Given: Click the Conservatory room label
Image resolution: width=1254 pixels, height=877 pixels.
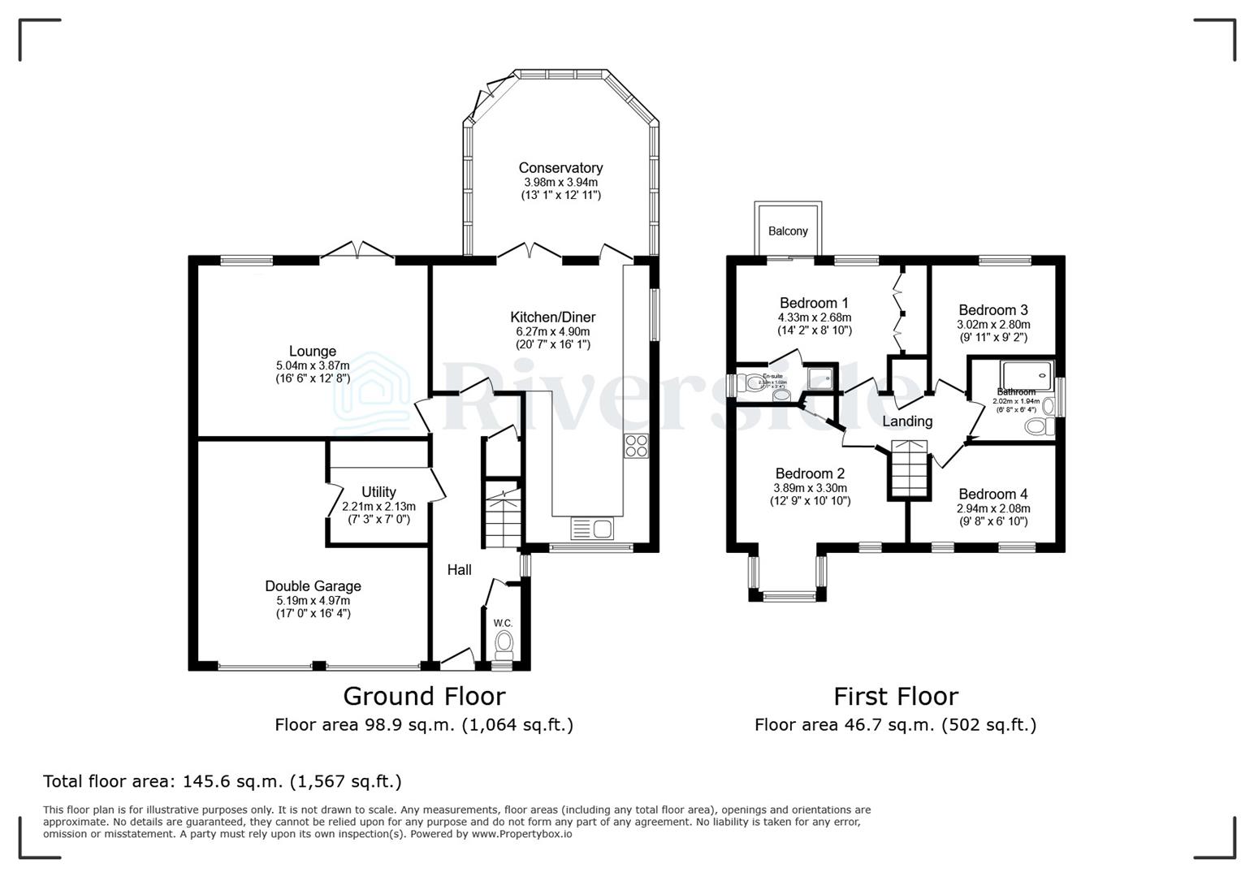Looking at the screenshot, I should coord(560,168).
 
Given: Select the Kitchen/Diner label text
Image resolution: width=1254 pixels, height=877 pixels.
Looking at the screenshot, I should coord(552,318).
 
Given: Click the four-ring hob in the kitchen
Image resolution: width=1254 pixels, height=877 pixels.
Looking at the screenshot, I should coord(635,446).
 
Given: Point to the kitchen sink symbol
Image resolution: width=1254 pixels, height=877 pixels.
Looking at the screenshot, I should coord(593,529).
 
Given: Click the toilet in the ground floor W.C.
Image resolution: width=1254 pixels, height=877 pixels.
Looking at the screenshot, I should coord(504,645).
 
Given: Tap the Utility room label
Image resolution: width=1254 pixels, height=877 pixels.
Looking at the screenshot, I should coord(378,492).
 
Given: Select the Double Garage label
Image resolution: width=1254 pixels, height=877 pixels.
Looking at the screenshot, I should coord(313,586).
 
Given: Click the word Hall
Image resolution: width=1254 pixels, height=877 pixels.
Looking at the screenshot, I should coord(460,570).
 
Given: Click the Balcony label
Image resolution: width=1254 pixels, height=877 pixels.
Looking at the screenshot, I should coord(788,231).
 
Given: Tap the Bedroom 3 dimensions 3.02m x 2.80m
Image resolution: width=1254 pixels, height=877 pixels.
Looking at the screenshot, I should coord(992,324).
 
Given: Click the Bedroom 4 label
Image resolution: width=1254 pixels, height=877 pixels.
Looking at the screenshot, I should coord(992,495).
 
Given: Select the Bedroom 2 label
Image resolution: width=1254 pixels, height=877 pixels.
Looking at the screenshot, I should coord(810,473).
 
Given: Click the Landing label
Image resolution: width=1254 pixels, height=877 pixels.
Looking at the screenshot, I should coord(907,421).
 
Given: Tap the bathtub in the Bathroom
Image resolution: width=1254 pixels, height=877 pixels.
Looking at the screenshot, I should coord(1027,375).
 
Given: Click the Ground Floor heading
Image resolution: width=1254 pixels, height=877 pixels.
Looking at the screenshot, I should coord(424,697).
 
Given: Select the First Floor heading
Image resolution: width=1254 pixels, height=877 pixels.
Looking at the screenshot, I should coord(896,697).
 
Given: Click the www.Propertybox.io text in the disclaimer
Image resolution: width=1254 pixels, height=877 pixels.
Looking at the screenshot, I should coord(521,834).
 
